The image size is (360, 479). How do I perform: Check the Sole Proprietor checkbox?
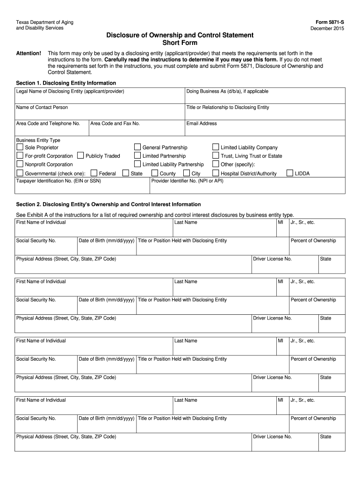coord(20,147)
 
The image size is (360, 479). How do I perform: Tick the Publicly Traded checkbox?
coord(80,156)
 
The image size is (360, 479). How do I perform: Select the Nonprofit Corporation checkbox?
coord(20,164)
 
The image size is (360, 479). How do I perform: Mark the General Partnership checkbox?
coord(137,147)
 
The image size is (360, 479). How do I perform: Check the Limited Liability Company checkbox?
coord(216,147)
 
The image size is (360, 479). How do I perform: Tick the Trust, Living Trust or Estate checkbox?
coord(216,156)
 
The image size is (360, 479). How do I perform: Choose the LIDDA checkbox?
coord(290,174)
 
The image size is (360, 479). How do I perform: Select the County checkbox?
coord(155,174)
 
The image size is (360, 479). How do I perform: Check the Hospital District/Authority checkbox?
coord(216,174)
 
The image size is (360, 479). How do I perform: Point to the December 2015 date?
coord(327,29)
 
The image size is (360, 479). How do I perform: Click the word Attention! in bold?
coord(29,53)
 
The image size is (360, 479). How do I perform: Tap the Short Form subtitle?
coord(180,43)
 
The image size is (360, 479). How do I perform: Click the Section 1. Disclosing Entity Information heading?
coord(66,83)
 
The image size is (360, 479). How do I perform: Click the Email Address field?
coord(265,129)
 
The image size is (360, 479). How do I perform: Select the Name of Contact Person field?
coord(100,112)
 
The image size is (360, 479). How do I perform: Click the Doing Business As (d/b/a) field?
coord(265,96)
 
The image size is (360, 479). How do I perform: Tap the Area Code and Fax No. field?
coord(136,129)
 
